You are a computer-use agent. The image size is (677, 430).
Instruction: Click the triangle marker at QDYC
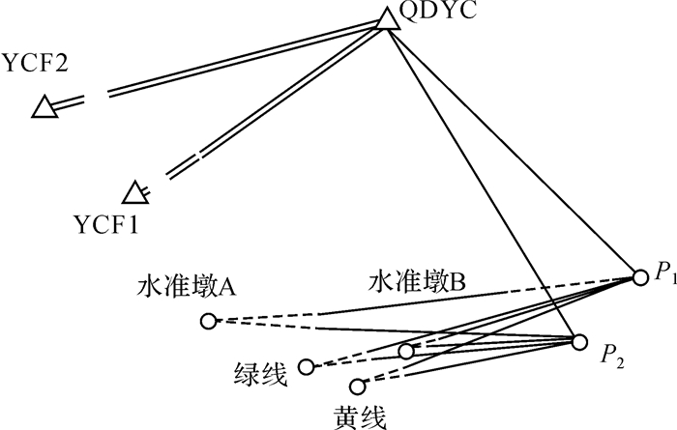click(387, 18)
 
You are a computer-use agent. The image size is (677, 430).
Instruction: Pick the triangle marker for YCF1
click(135, 192)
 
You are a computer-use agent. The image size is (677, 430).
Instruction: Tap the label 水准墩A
click(189, 288)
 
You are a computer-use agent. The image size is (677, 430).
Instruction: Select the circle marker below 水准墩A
click(208, 321)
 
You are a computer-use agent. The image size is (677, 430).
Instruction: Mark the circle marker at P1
click(639, 277)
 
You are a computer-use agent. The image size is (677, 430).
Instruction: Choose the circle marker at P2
click(579, 342)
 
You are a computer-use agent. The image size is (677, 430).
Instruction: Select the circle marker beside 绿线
click(307, 366)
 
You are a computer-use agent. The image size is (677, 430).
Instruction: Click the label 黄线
click(360, 416)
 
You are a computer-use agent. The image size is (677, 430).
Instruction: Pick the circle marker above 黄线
click(357, 387)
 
